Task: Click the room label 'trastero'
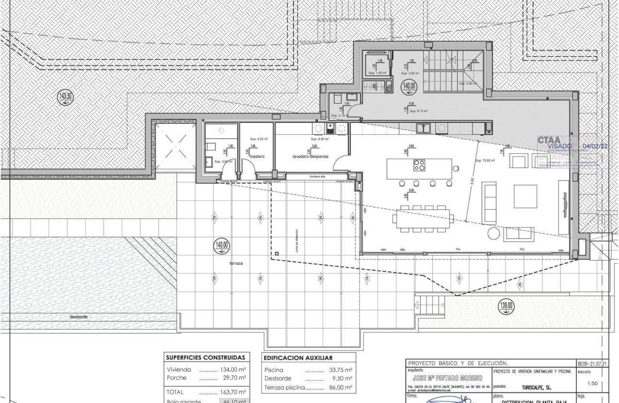tap(257, 156)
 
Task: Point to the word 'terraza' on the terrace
tap(236, 264)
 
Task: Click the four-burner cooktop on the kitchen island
tap(419, 166)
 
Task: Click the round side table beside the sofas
tap(494, 234)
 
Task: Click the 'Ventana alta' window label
tap(318, 177)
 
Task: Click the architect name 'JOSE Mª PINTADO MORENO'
tap(448, 379)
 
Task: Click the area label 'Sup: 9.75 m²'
tap(418, 111)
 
